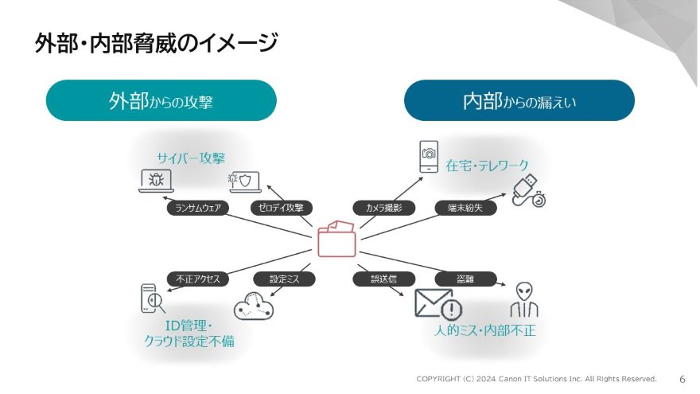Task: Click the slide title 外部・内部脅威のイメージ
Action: [x=156, y=41]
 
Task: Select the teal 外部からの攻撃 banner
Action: [x=161, y=101]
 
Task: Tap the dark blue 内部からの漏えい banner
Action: [x=519, y=101]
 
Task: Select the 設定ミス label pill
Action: [x=284, y=279]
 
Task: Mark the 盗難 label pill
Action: [x=465, y=279]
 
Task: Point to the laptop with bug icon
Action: [x=156, y=181]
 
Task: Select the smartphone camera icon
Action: [x=429, y=155]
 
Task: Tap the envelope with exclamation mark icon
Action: [x=437, y=304]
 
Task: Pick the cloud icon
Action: [x=254, y=306]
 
